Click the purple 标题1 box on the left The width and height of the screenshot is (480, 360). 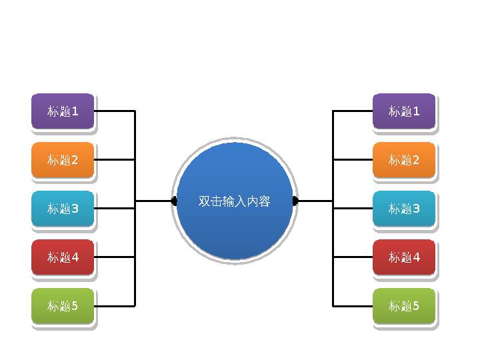tap(63, 111)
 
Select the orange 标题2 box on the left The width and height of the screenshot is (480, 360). tap(63, 160)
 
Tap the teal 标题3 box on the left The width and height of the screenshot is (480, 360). tap(63, 208)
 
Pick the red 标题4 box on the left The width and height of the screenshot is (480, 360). tap(63, 257)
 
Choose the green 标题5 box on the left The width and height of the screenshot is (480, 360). tap(63, 306)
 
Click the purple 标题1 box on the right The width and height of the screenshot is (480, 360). tap(404, 111)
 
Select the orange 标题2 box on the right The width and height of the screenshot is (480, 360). tap(404, 160)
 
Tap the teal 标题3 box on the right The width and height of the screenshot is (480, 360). tap(404, 208)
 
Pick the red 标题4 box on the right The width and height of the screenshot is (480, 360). tap(404, 257)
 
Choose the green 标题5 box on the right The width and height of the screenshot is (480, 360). tap(404, 306)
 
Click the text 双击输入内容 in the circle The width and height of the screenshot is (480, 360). tap(234, 201)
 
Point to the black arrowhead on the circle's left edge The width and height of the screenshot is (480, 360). tap(174, 201)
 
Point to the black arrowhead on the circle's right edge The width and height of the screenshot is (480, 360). tap(295, 201)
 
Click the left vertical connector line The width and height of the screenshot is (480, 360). tap(135, 233)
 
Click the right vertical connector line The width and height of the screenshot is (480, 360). tap(333, 233)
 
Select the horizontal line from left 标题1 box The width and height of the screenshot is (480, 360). tap(115, 111)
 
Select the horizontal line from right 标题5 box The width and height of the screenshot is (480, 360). tap(353, 306)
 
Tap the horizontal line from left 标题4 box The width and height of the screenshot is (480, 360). tap(115, 257)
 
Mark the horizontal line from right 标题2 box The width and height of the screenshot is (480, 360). tap(353, 160)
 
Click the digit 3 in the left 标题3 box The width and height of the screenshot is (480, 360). tap(75, 209)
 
